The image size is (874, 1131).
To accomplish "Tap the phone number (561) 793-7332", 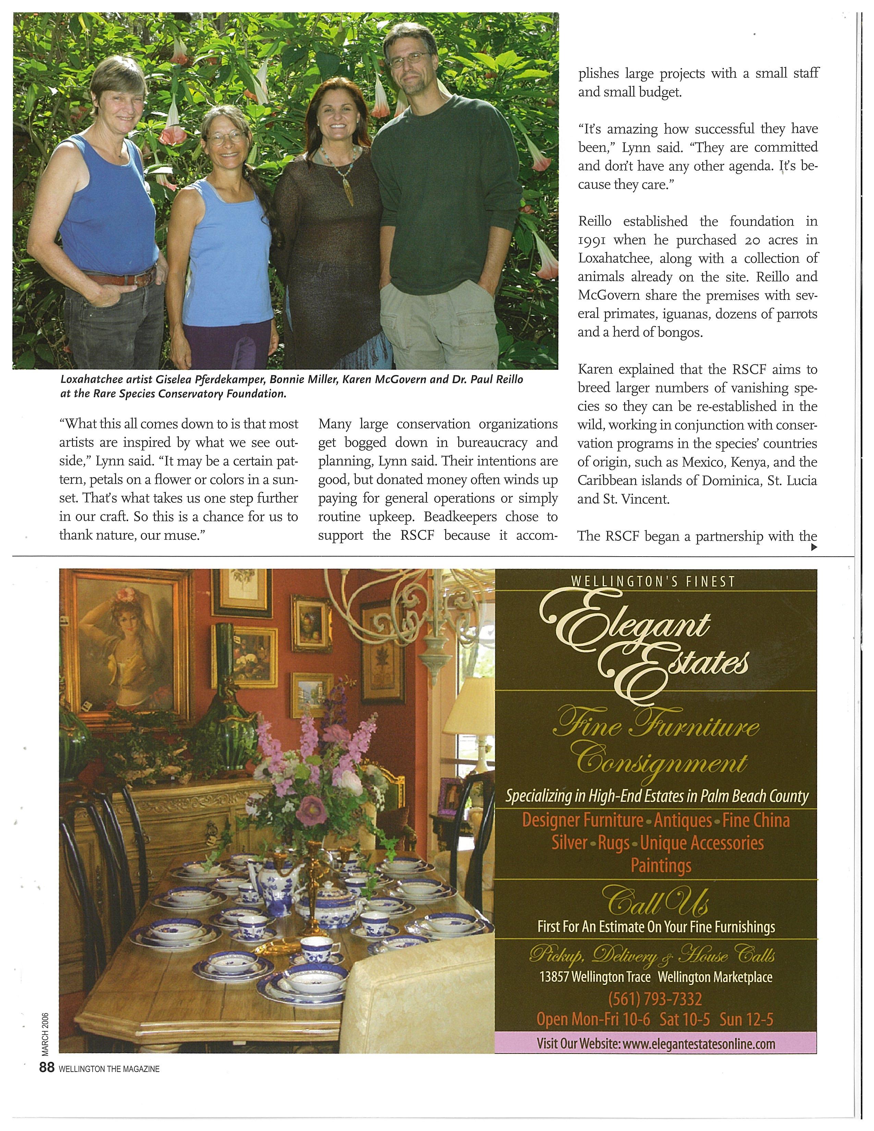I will click(656, 998).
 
